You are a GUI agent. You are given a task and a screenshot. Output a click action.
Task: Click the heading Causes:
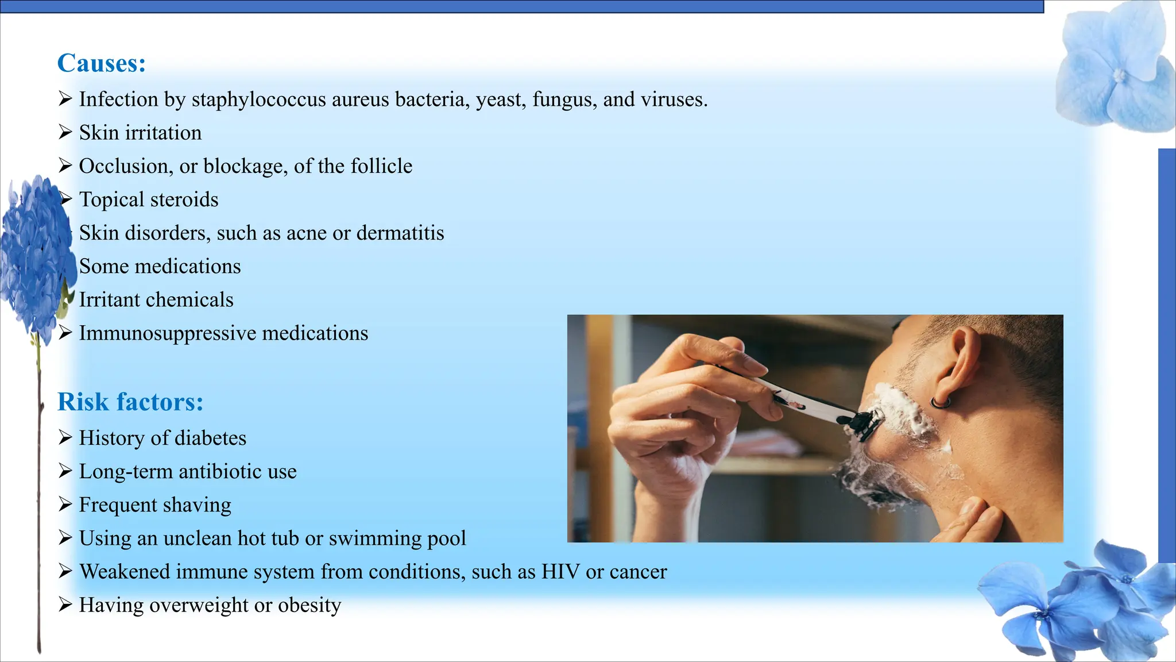point(102,63)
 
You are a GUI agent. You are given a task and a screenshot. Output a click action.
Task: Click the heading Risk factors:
point(130,402)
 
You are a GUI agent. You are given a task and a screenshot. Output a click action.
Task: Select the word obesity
point(310,606)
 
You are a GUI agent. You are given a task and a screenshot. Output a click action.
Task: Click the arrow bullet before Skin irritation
point(65,132)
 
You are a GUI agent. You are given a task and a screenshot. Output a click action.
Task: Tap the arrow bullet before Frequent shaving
point(65,505)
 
